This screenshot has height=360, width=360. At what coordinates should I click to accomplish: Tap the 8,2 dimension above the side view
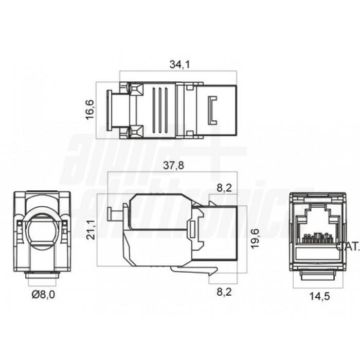click(224, 189)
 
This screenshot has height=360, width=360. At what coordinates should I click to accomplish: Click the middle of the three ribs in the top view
click(160, 110)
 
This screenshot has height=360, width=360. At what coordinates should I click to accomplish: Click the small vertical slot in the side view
click(193, 229)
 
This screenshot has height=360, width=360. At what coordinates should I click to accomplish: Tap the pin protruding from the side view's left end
click(110, 213)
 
